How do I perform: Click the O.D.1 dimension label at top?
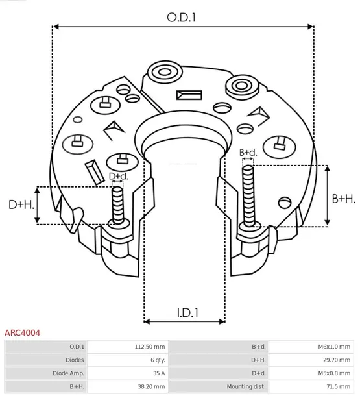(x=182, y=18)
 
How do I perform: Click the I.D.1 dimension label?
(x=187, y=313)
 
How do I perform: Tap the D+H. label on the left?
(x=21, y=204)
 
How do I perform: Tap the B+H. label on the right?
(x=343, y=198)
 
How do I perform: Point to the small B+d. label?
(x=248, y=153)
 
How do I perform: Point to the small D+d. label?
(x=118, y=177)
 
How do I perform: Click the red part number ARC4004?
(x=23, y=332)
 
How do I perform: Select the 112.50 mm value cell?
(x=149, y=347)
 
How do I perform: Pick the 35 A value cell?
(x=157, y=373)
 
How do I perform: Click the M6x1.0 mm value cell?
(x=333, y=347)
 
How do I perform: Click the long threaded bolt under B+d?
(x=247, y=195)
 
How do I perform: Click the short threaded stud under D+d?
(x=117, y=204)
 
